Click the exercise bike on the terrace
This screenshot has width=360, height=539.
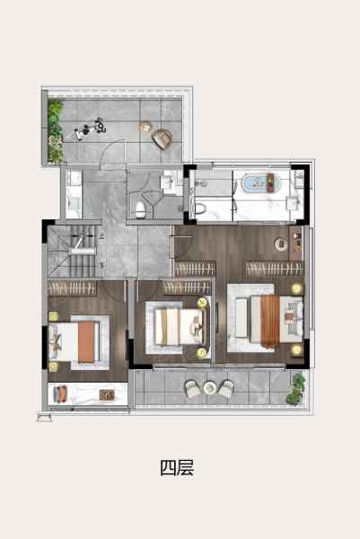[91, 128]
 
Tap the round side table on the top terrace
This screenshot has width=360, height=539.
[146, 128]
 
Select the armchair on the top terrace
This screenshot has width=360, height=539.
[162, 138]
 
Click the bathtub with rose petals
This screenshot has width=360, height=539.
[262, 183]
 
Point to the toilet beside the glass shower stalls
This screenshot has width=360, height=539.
[199, 208]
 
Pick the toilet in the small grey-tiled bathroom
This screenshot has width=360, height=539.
[140, 209]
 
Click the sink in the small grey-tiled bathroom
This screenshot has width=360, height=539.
[167, 181]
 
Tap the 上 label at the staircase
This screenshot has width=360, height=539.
[101, 236]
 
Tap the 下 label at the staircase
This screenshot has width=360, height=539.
[101, 265]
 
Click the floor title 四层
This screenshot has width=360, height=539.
[177, 467]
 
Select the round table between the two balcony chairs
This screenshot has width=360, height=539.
[209, 388]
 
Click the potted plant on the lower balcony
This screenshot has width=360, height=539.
[295, 389]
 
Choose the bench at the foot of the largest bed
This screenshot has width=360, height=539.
[241, 318]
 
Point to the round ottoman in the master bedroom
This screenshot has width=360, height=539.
[281, 243]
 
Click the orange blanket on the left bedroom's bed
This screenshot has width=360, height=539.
[86, 342]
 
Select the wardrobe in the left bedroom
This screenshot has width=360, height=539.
[72, 288]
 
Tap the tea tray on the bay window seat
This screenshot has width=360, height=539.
[107, 394]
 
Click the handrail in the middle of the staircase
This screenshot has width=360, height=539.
[83, 252]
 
